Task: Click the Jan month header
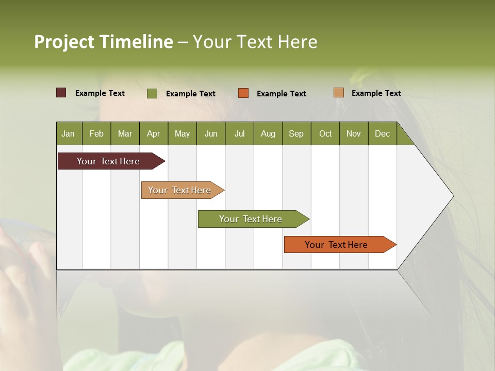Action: click(x=68, y=133)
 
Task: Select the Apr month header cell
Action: click(x=153, y=133)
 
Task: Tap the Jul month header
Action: click(x=239, y=133)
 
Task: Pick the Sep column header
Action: click(x=296, y=133)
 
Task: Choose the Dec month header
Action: click(x=382, y=133)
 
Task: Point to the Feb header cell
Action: click(x=96, y=133)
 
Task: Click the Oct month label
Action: click(x=325, y=133)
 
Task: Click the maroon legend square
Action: click(x=61, y=93)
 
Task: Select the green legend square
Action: click(x=152, y=93)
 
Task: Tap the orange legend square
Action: click(x=243, y=93)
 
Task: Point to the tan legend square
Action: click(x=339, y=93)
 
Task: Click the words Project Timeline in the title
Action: click(x=104, y=42)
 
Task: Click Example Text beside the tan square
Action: click(x=376, y=93)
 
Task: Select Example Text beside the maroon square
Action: click(x=100, y=93)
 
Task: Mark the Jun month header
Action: click(x=211, y=133)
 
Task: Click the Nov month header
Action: click(x=354, y=133)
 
